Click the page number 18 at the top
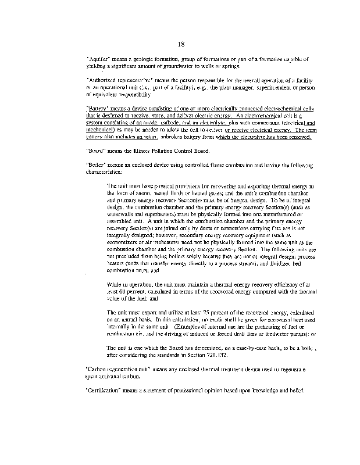pos(181,43)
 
